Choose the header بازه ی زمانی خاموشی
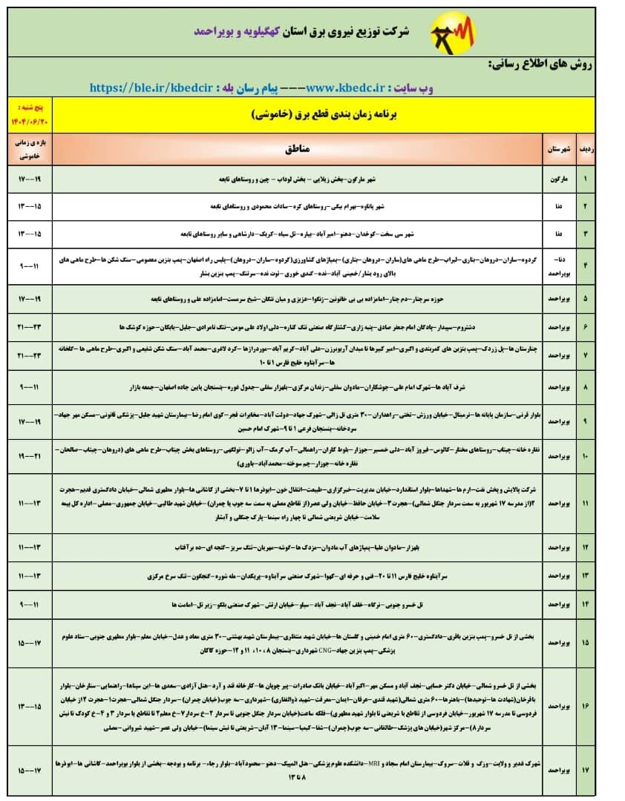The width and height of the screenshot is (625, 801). [30, 148]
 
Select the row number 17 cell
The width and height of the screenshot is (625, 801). [585, 771]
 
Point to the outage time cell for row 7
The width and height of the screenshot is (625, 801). [30, 355]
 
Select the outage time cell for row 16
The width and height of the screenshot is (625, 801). [30, 707]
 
